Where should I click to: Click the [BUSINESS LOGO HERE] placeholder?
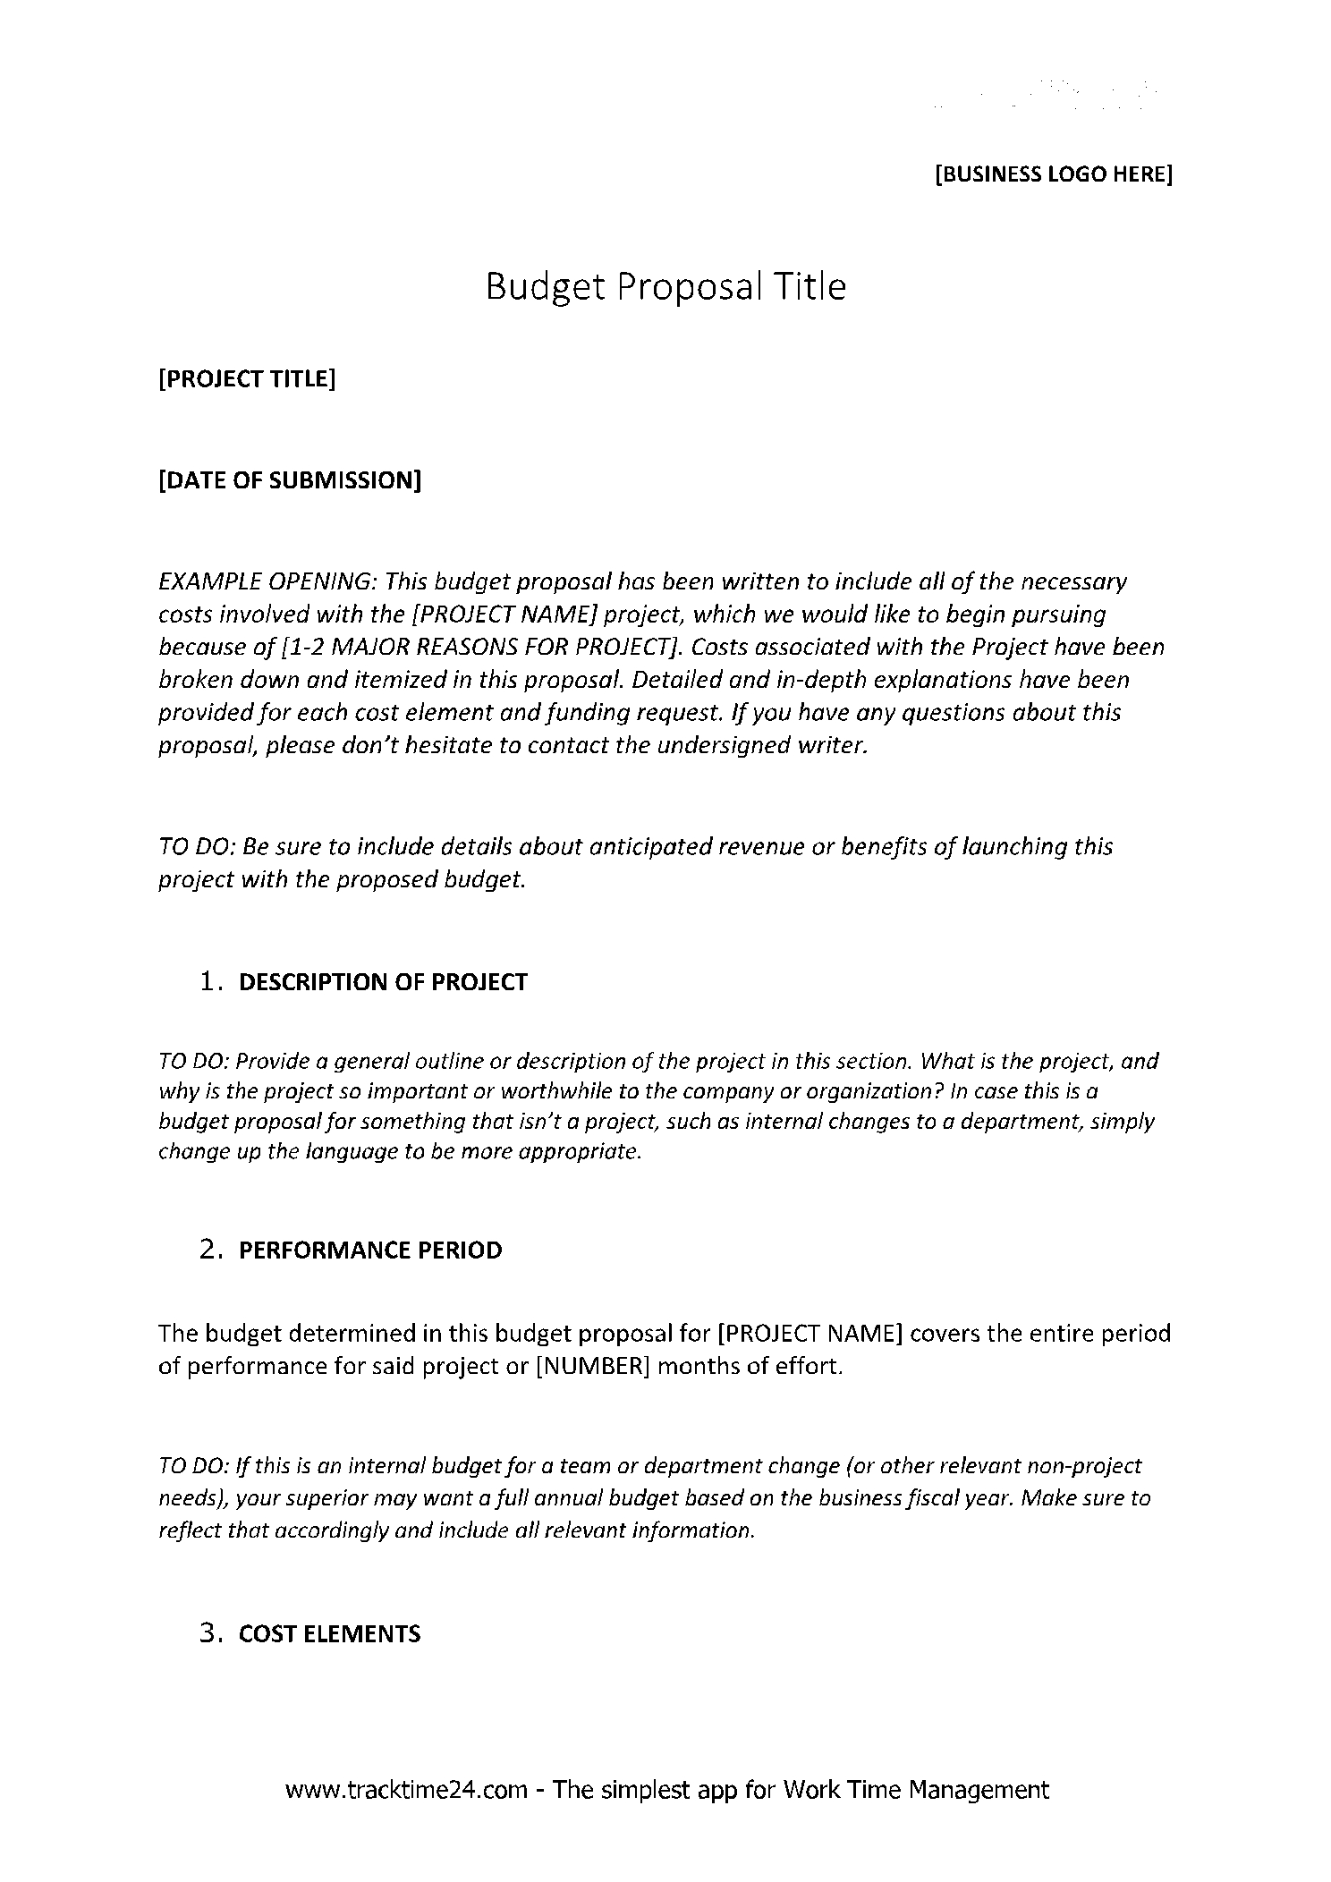[1053, 174]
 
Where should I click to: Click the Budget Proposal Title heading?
[665, 287]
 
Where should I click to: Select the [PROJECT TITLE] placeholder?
[247, 379]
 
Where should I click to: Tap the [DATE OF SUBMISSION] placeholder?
[290, 480]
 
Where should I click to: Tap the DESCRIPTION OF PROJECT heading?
[383, 982]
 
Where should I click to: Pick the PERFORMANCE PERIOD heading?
[370, 1250]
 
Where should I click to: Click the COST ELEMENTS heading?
[329, 1634]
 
